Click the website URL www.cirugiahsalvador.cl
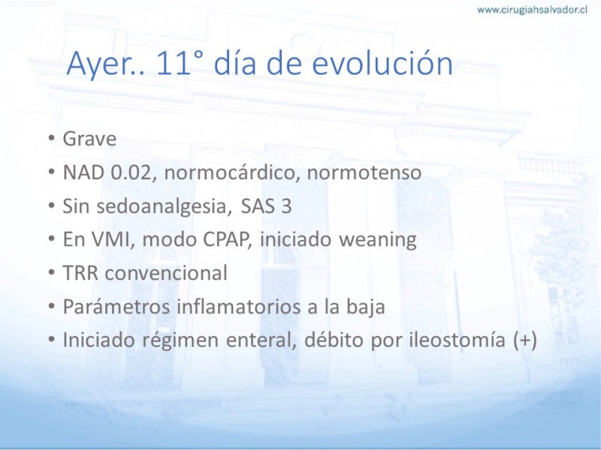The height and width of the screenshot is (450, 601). coord(532,10)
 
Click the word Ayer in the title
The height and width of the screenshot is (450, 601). coord(101,64)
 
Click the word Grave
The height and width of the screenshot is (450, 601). coord(89,139)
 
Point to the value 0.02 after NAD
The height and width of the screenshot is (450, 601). coord(131,172)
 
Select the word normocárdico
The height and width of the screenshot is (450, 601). coord(232,172)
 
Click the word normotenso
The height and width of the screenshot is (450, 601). coord(364,172)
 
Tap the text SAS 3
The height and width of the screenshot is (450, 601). coord(266,205)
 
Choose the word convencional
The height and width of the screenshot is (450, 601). coord(166,273)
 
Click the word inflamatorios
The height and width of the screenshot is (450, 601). coord(238,307)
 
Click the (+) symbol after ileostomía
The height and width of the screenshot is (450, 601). coord(524,340)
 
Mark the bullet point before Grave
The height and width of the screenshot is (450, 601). coord(51,138)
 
